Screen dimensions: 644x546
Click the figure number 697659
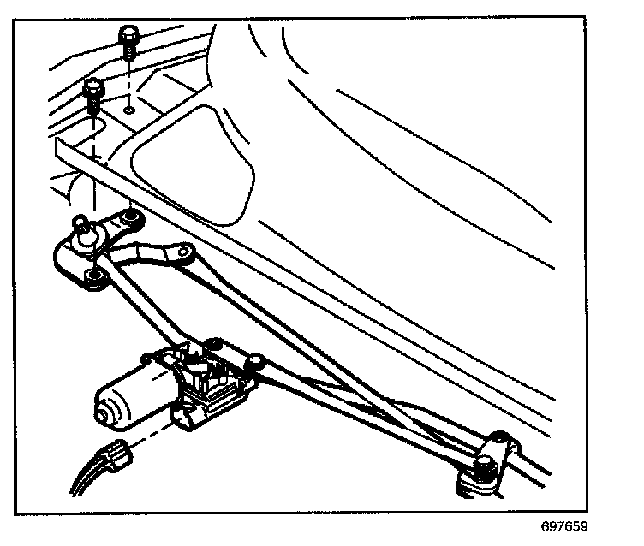click(x=564, y=528)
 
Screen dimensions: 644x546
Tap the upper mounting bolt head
click(x=128, y=35)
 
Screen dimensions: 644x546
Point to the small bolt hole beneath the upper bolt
click(x=128, y=110)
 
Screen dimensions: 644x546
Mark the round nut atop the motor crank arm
click(x=252, y=365)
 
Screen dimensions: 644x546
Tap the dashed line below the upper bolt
click(x=128, y=81)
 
